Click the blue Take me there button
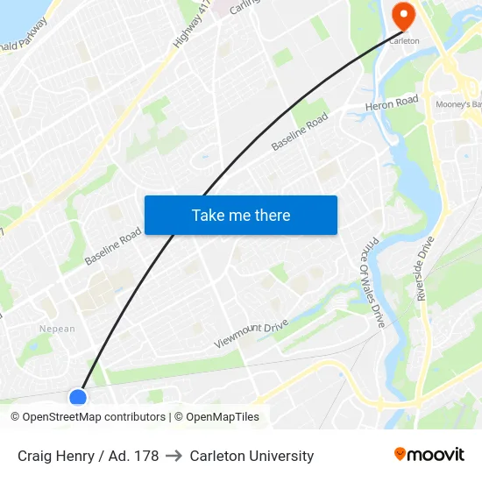pyautogui.click(x=241, y=215)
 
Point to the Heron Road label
pyautogui.click(x=393, y=104)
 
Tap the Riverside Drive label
pyautogui.click(x=426, y=268)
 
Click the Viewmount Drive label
pyautogui.click(x=252, y=335)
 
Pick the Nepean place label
pyautogui.click(x=57, y=329)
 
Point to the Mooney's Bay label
pyautogui.click(x=457, y=104)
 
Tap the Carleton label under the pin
pyautogui.click(x=404, y=41)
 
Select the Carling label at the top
pyautogui.click(x=245, y=8)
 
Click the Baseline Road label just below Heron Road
pyautogui.click(x=300, y=131)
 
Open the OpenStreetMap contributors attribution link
pyautogui.click(x=94, y=417)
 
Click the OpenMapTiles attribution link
pyautogui.click(x=223, y=417)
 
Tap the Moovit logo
pyautogui.click(x=429, y=455)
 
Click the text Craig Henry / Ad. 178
pyautogui.click(x=88, y=456)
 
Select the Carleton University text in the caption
pyautogui.click(x=252, y=456)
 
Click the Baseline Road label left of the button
pyautogui.click(x=113, y=247)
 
